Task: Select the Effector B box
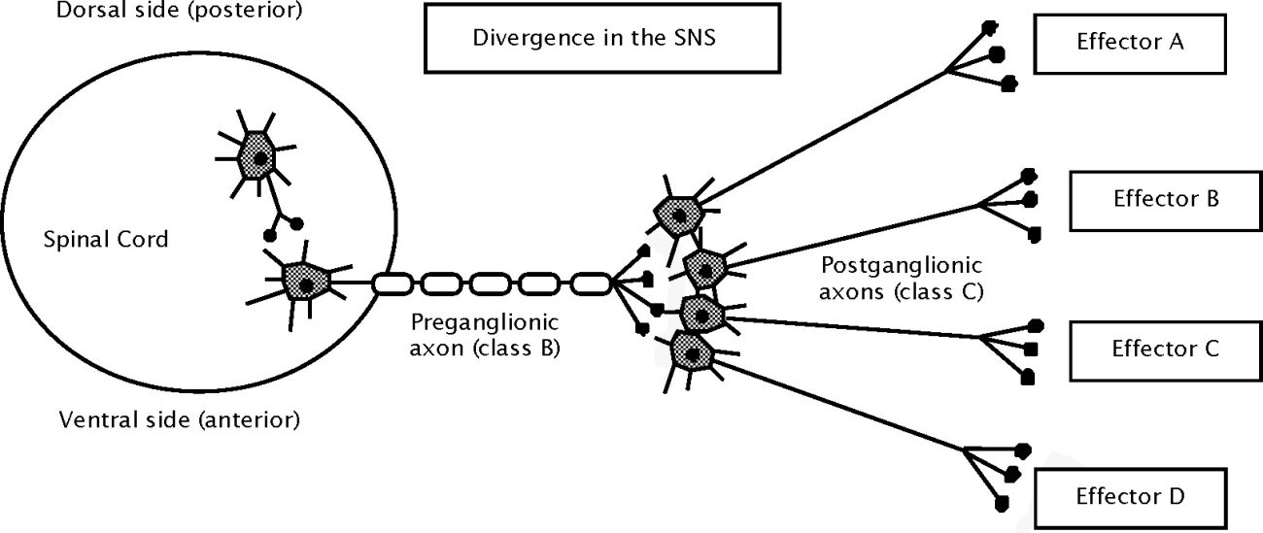tap(1165, 200)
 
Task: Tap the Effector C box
tap(1164, 349)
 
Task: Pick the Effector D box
tap(1129, 497)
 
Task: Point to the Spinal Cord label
tap(106, 239)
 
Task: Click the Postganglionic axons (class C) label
tap(903, 277)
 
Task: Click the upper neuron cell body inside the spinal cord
tap(259, 156)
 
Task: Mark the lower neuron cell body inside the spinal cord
tap(306, 283)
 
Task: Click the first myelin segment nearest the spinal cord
tap(393, 284)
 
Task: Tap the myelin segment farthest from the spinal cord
tap(590, 284)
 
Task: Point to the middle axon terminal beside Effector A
tap(996, 54)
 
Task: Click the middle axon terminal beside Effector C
tap(1032, 349)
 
